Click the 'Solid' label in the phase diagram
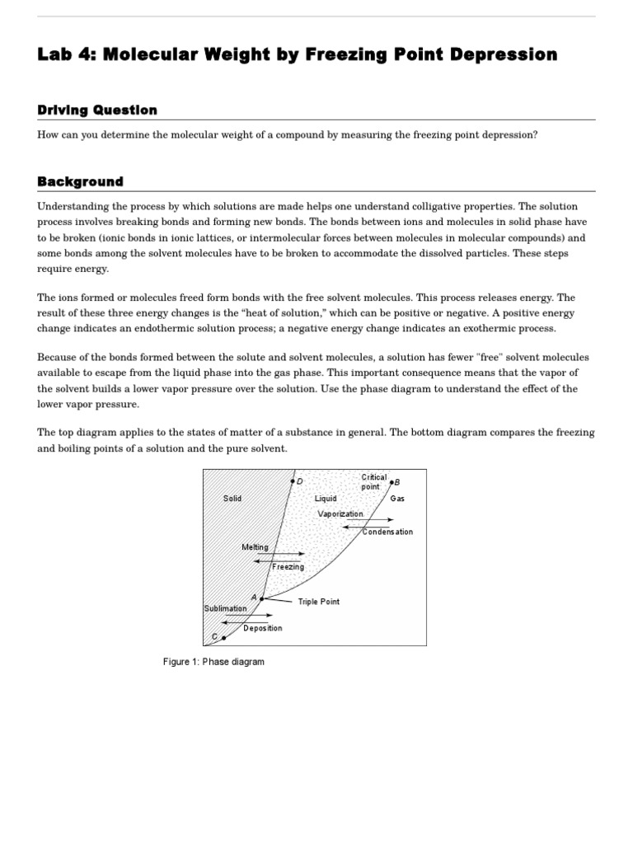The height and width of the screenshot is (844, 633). coord(232,499)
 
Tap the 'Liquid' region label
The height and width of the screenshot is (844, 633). coord(326,499)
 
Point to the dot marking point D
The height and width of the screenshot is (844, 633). coord(292,481)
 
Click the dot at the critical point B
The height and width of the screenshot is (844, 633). coord(392,481)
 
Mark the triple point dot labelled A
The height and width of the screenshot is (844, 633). coord(262,598)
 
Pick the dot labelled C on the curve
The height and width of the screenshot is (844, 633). coord(223,637)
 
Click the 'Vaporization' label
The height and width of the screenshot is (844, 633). coord(340,513)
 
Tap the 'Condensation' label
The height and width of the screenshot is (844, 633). coord(387,532)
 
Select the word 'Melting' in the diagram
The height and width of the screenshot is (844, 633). coord(255,547)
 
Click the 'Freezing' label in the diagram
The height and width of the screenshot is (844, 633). coord(288,567)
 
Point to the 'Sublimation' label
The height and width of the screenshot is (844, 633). coord(225,608)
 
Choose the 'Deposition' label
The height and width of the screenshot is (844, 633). coord(262,628)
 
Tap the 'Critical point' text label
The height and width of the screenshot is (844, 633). coord(373,482)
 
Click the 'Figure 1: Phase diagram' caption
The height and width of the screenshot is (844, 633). coord(213,662)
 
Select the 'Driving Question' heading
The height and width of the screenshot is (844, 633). coord(97,110)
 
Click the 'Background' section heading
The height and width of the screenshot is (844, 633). coord(80,181)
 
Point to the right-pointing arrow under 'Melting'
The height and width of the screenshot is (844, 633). coord(280,554)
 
